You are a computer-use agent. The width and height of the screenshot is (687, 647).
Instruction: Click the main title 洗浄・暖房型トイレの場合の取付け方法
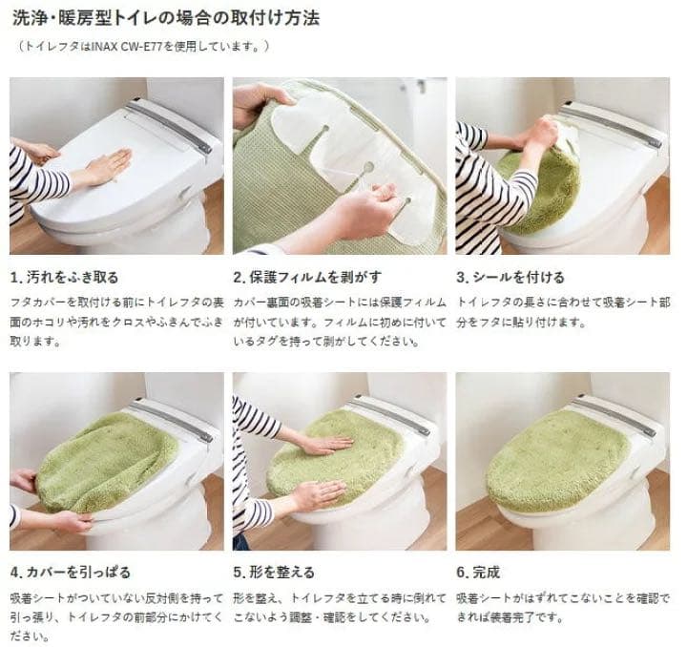tap(170, 17)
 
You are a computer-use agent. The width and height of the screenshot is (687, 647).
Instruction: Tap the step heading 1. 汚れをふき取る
tap(65, 278)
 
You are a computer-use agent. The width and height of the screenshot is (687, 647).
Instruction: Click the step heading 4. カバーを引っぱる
tap(70, 573)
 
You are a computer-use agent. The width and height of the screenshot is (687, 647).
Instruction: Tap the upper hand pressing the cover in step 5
tap(323, 444)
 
